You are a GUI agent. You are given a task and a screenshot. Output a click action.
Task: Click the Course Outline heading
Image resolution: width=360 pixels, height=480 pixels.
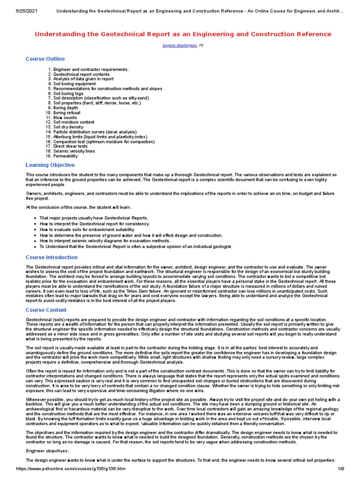coord(45,59)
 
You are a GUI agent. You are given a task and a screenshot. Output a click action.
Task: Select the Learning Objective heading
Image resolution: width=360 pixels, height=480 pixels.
coord(50,165)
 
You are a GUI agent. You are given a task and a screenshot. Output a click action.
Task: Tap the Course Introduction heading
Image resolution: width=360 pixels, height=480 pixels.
coord(52,257)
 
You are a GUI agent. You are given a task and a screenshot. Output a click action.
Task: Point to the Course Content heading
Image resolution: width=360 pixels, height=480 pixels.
coord(46,310)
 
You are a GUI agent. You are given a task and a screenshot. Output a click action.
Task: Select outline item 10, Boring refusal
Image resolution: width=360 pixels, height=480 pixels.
coord(67,112)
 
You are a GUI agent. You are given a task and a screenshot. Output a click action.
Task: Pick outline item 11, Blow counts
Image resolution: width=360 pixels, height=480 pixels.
coord(65,118)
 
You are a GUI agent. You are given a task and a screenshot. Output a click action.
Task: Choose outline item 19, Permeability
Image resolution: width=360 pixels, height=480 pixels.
coord(66,156)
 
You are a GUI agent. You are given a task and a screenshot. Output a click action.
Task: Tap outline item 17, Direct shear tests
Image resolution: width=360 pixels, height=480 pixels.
coord(70,146)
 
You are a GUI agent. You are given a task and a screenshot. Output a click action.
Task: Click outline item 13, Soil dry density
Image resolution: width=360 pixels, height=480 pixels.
coord(68,127)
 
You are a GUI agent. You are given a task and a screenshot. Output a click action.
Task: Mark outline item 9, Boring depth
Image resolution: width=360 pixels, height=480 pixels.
coord(66,108)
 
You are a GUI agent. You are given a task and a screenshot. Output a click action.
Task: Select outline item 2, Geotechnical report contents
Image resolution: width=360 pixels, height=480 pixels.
coord(82,74)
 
